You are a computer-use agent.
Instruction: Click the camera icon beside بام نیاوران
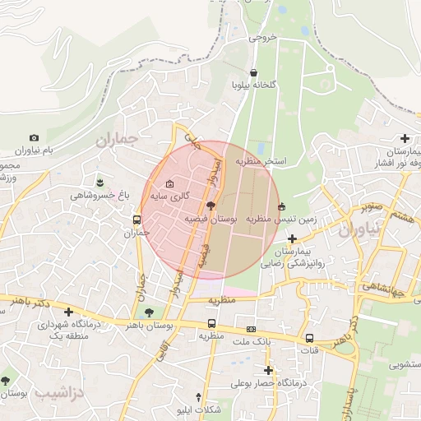(x=34, y=138)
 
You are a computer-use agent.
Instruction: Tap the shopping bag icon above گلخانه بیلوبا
(x=253, y=72)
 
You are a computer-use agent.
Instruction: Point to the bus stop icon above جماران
(x=136, y=220)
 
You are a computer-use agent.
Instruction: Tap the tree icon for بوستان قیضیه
(x=211, y=206)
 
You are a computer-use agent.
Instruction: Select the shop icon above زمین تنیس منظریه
(x=283, y=206)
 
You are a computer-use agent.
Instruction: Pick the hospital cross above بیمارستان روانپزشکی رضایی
(x=292, y=238)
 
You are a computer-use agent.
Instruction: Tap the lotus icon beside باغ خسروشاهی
(x=100, y=181)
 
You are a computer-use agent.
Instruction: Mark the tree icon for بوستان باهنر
(x=148, y=312)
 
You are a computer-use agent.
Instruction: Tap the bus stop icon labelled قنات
(x=309, y=338)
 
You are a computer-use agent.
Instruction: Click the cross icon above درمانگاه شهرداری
(x=68, y=312)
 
